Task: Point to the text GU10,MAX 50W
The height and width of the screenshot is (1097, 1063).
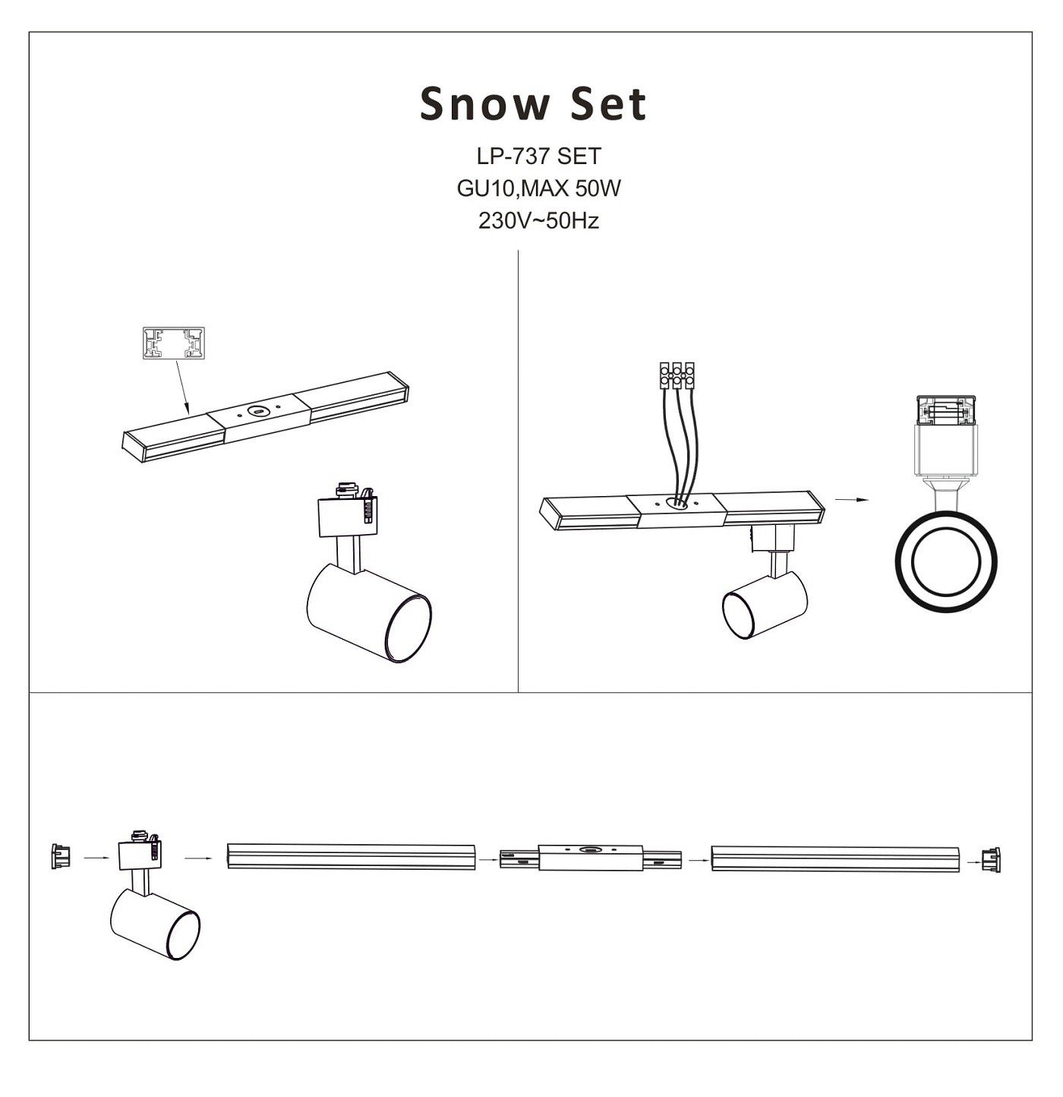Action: pos(538,188)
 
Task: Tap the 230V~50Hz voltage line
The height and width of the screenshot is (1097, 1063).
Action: pos(538,220)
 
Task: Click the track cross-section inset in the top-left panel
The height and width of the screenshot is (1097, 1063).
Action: pos(175,343)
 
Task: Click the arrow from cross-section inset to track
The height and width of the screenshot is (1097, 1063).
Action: pos(182,387)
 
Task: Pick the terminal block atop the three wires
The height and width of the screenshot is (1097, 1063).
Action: pos(677,376)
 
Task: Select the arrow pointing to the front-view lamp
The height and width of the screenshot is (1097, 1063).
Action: pos(852,500)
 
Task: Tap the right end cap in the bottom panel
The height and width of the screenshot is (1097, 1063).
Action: pos(991,860)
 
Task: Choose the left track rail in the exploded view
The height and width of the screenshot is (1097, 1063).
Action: pos(351,856)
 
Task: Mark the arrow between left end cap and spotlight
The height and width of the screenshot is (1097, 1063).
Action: pos(96,858)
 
